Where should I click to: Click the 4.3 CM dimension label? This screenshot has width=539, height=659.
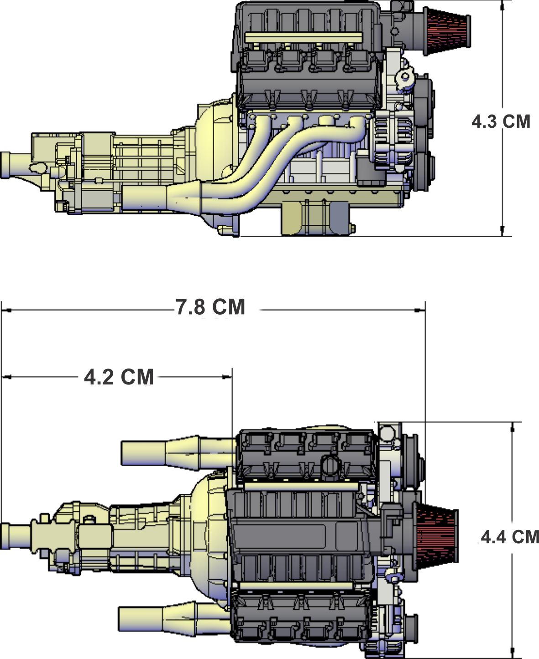click(x=501, y=122)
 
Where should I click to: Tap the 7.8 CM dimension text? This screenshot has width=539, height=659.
click(x=210, y=307)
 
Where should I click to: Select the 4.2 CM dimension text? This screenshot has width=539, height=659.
click(x=119, y=377)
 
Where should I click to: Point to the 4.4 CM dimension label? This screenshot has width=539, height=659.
click(x=510, y=537)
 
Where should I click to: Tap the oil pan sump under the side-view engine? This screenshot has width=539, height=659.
click(x=316, y=218)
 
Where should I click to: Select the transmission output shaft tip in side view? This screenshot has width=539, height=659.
click(x=5, y=165)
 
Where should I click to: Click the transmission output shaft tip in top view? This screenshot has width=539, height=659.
click(x=5, y=536)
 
